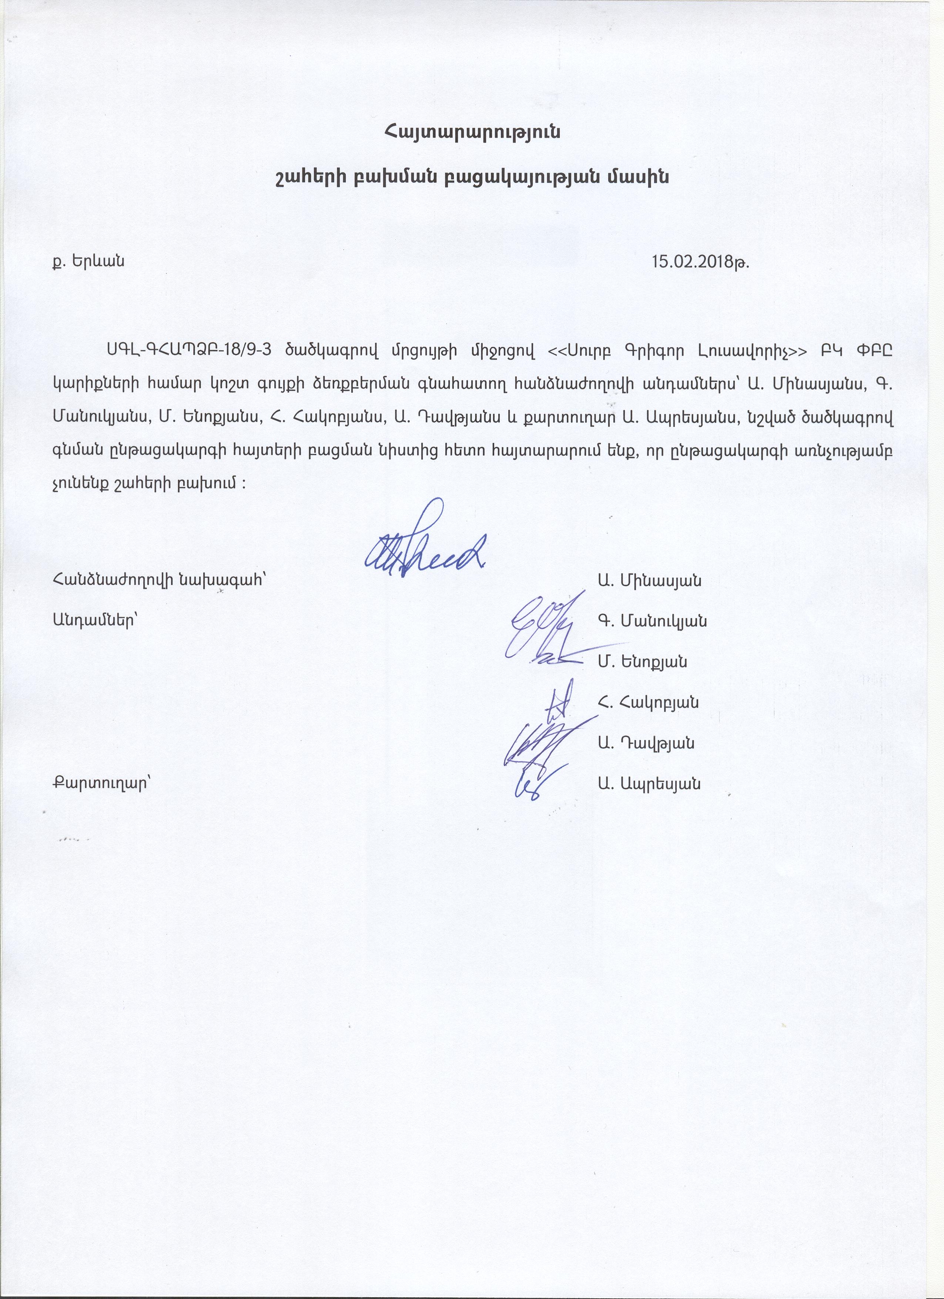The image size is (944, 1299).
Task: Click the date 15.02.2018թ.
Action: (x=700, y=262)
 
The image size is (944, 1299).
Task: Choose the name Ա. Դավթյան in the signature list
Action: (x=646, y=744)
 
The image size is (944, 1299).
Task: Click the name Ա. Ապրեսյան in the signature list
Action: (x=649, y=783)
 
